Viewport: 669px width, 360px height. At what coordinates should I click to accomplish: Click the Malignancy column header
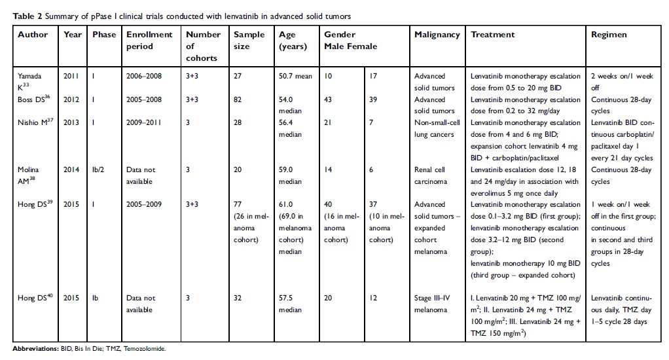437,35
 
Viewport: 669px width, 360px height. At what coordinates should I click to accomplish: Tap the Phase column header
103,35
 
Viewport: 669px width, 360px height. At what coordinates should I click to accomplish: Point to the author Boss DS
32,99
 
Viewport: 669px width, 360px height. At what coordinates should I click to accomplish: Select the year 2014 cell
73,170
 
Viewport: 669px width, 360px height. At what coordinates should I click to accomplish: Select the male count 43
329,99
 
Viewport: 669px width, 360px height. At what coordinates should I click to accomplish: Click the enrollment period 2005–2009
145,205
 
